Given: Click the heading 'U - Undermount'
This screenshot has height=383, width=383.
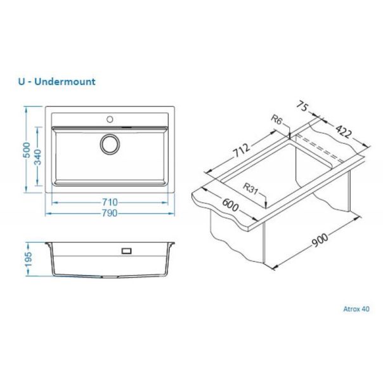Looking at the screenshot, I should [x=57, y=82].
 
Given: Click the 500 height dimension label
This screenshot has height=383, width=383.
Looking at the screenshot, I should [x=27, y=150].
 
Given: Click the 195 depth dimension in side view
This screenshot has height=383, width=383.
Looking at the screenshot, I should [x=27, y=260].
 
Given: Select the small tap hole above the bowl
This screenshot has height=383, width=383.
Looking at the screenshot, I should [x=110, y=119].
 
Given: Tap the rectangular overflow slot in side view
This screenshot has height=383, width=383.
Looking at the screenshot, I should [x=126, y=251].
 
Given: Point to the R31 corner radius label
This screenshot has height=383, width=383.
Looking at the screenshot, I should [x=252, y=188].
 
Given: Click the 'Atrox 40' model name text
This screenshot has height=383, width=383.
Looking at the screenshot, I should [x=355, y=309].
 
